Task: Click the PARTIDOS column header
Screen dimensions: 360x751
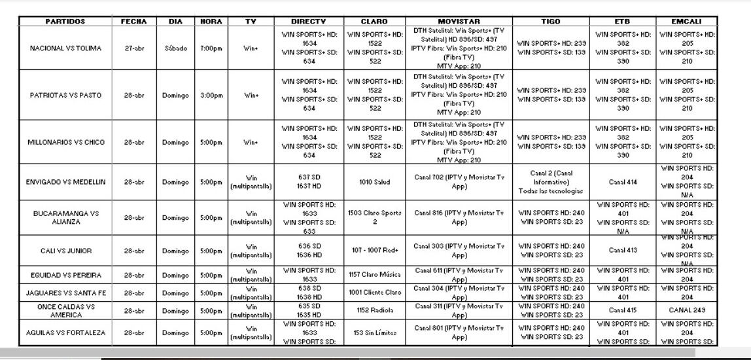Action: [65, 22]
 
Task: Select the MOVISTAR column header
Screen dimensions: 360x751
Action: [459, 22]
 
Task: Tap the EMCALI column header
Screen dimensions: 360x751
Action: [687, 22]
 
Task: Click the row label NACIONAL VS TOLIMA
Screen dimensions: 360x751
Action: [65, 48]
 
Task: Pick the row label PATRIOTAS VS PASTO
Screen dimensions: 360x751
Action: [65, 96]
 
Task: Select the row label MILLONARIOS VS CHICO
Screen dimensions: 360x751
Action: [65, 142]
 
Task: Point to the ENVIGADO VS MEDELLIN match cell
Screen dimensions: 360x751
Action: [65, 182]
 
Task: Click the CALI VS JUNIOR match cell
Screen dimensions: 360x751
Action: [65, 251]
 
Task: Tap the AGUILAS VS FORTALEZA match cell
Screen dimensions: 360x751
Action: [65, 333]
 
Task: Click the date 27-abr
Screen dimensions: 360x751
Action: [134, 48]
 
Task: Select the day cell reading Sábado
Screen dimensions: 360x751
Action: [175, 48]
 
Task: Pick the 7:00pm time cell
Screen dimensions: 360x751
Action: [211, 48]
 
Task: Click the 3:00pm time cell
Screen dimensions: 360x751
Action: [211, 96]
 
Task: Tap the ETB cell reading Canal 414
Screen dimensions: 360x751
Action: [623, 182]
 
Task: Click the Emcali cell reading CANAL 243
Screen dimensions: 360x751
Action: [687, 310]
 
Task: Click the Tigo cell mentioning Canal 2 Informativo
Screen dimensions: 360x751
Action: [551, 182]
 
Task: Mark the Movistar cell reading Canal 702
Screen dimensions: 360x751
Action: [459, 181]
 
